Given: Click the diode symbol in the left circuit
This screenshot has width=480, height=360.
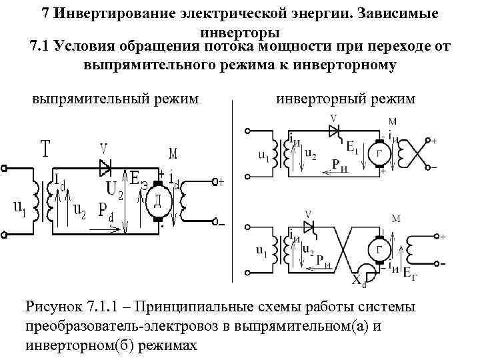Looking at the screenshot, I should (x=105, y=165).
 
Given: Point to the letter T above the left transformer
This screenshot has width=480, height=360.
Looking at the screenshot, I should (x=45, y=149).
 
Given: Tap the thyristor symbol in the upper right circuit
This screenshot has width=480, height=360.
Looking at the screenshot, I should (x=333, y=131).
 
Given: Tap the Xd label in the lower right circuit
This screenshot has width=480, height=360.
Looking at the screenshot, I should (x=359, y=281).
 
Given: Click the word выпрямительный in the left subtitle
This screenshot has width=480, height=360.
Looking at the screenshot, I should (x=80, y=99).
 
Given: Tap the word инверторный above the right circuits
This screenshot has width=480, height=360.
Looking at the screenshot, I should (x=313, y=99).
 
